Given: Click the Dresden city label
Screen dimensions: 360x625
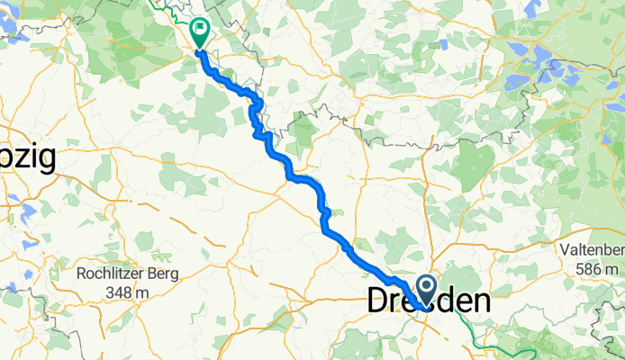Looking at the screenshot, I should click(430, 301).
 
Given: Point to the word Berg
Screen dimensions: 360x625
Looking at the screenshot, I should click(164, 274).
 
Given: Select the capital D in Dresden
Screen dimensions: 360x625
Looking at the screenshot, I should click(378, 301).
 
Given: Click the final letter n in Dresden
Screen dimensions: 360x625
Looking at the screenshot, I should click(481, 301).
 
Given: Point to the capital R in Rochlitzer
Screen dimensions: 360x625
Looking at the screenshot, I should click(81, 274).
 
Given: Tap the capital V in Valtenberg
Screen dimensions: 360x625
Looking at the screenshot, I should click(566, 249).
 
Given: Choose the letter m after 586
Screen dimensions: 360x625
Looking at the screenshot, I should click(612, 268).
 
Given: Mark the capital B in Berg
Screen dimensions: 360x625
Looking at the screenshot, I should click(153, 274).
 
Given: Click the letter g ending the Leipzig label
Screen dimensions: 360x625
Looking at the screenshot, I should click(46, 160).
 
